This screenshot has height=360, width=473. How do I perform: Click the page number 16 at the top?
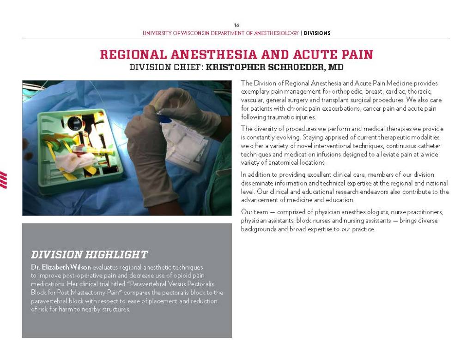pos(236,25)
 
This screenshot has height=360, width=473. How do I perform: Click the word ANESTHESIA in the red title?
pos(212,54)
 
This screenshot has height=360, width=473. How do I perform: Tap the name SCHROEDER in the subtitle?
pos(294,67)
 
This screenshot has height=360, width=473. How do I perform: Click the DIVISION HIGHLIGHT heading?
pos(89,255)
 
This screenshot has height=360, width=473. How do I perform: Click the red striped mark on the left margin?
pos(3,180)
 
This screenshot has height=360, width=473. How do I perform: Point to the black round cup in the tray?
pos(74,123)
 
